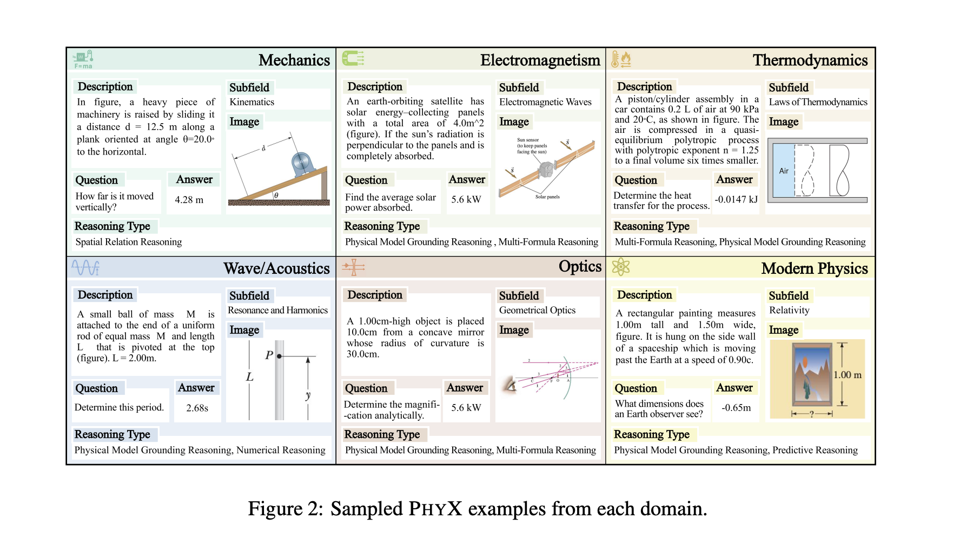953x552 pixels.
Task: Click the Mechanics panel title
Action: [x=294, y=60]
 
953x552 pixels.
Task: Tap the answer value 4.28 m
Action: [x=189, y=200]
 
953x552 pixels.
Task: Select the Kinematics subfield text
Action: [x=252, y=102]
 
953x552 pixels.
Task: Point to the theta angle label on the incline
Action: [x=276, y=195]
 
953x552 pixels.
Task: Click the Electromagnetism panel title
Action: [x=540, y=60]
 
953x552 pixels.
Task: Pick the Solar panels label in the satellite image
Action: [x=547, y=197]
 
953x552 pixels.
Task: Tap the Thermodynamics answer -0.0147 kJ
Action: [x=736, y=199]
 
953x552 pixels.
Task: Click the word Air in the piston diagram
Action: [x=783, y=171]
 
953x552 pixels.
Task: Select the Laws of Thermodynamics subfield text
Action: [x=818, y=102]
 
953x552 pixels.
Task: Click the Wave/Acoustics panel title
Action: [x=276, y=268]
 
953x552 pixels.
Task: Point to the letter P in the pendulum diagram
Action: [x=269, y=355]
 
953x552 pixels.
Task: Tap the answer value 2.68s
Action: [x=197, y=408]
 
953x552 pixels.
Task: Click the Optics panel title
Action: [x=580, y=266]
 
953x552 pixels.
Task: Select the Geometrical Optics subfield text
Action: [x=537, y=311]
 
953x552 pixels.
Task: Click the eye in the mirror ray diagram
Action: [x=510, y=384]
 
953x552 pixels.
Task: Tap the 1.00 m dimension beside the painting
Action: [x=847, y=375]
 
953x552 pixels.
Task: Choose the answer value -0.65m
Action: [x=736, y=408]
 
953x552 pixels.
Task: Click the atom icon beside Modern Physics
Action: [x=620, y=267]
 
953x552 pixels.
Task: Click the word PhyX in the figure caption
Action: [x=435, y=509]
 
